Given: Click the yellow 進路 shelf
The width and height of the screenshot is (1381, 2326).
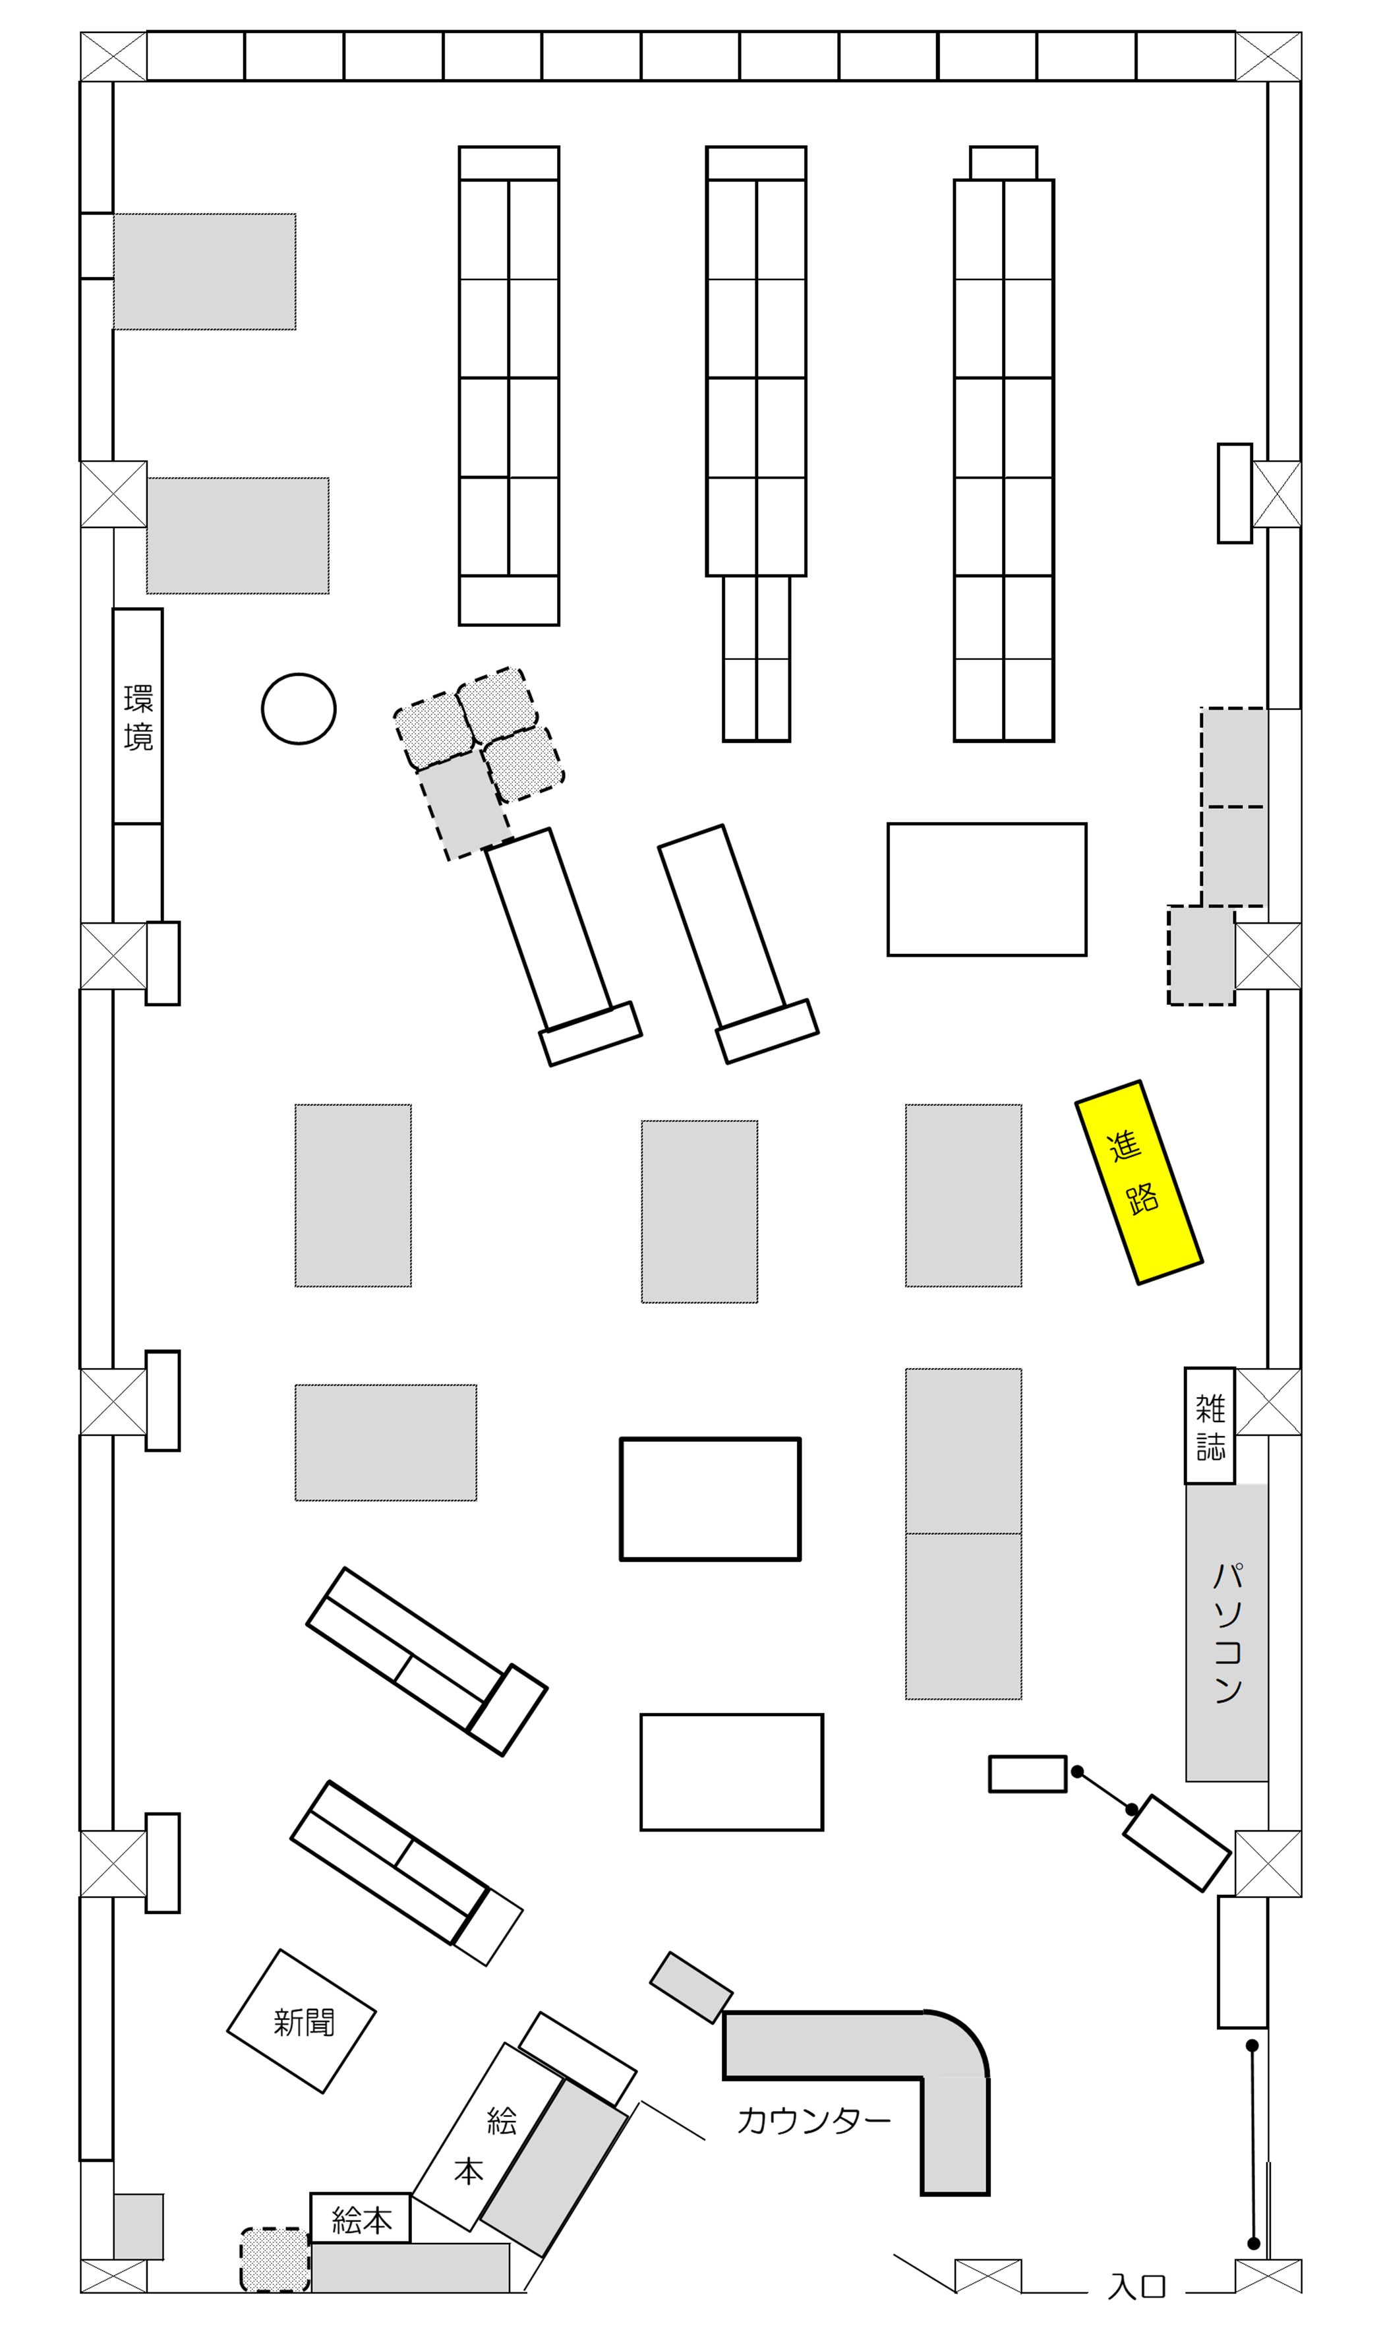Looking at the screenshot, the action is [x=1139, y=1182].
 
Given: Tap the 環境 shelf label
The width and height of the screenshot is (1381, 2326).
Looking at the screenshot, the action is [x=138, y=717].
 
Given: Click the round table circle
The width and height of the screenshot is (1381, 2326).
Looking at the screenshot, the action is [x=299, y=708].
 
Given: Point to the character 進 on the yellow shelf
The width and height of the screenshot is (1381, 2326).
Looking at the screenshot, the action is [x=1124, y=1146].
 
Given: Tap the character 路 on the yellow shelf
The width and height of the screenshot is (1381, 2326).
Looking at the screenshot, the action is [x=1143, y=1199].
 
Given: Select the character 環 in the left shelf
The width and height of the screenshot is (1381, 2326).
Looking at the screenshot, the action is [x=138, y=699].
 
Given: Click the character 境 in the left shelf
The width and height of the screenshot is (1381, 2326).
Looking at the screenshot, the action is [x=138, y=737].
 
